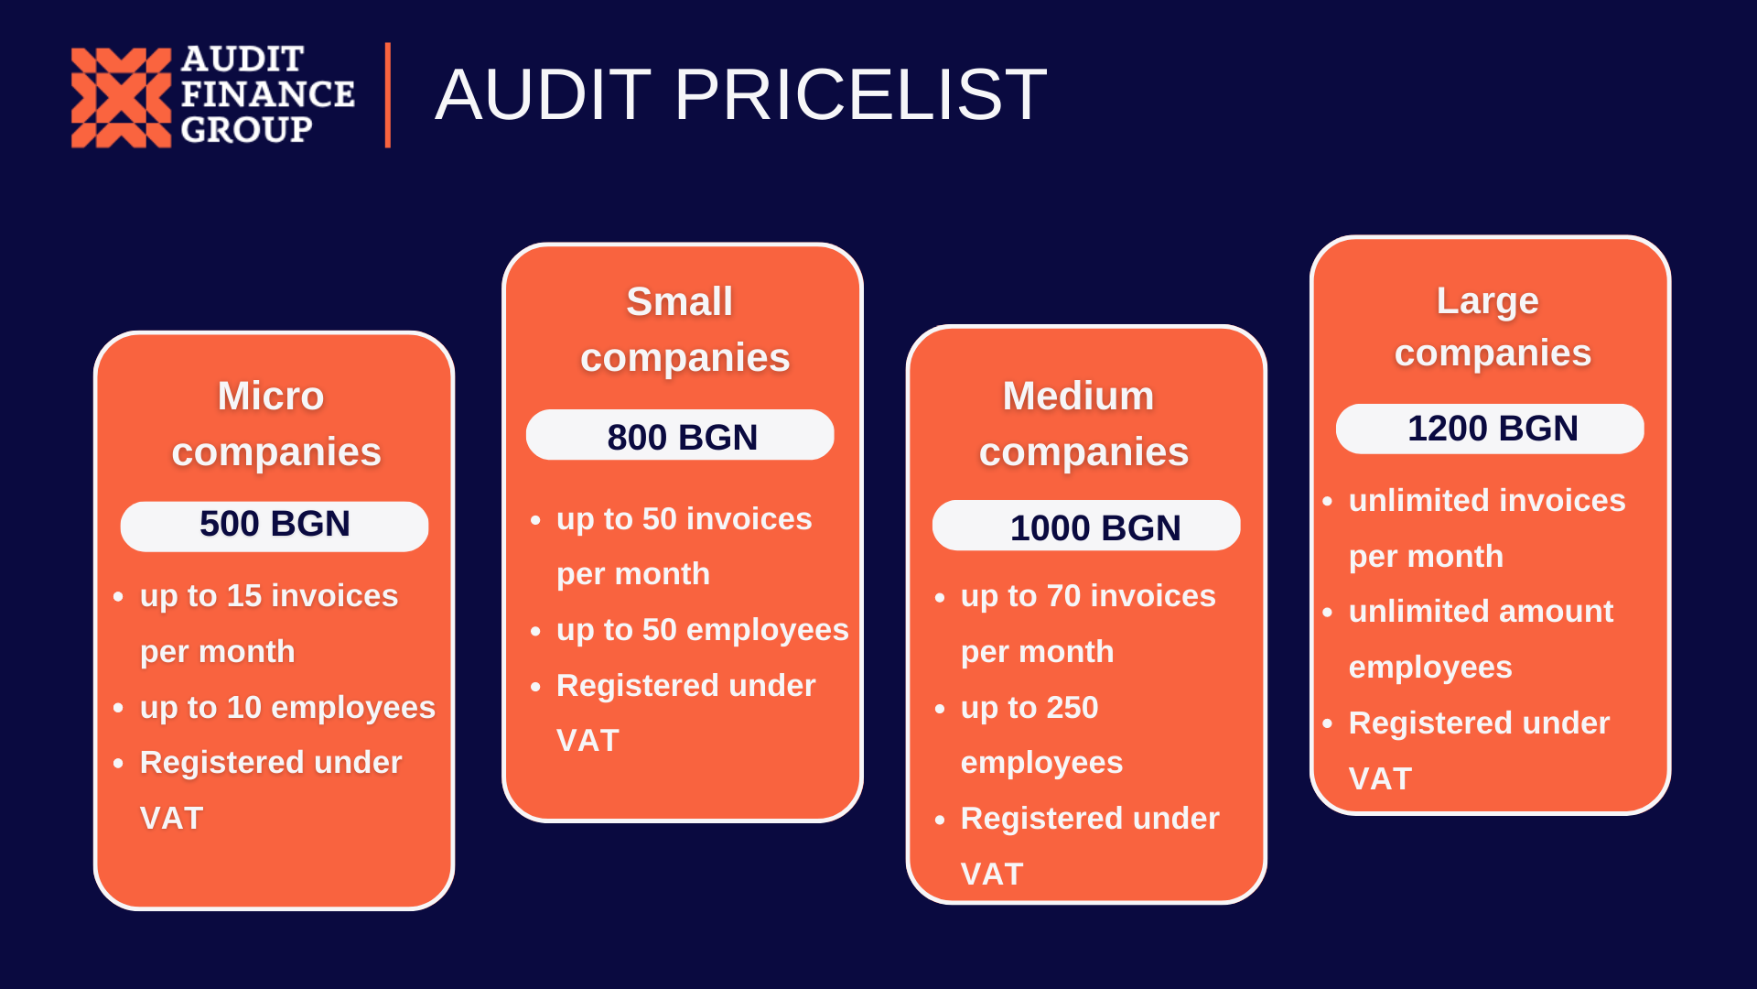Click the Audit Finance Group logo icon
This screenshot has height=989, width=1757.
coord(121,97)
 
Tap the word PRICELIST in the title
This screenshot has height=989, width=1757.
coord(860,94)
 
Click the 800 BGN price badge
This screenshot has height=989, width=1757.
coord(680,435)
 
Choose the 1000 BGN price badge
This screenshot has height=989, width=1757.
coord(1086,526)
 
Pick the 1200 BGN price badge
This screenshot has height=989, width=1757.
coord(1490,429)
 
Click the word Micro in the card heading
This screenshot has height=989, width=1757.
coord(271,396)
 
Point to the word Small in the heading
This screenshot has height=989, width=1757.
coord(680,301)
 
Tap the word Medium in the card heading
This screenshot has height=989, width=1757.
coord(1078,396)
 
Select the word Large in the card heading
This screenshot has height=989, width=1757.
coord(1488,302)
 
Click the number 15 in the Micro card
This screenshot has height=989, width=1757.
coord(244,596)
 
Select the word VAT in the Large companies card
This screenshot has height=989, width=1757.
coord(1380,779)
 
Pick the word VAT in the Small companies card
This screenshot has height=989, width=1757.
coord(587,741)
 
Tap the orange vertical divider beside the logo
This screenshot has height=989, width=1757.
coord(388,95)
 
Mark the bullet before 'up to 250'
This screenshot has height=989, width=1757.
coord(940,709)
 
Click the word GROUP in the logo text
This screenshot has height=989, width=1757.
coord(246,130)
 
